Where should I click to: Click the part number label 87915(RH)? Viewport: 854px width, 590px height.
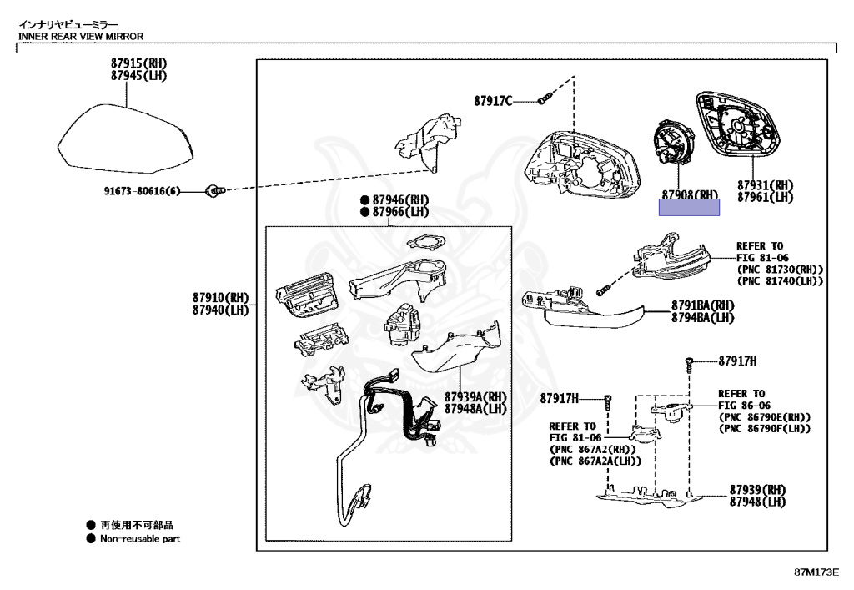[138, 63]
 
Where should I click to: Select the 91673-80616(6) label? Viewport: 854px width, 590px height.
[142, 191]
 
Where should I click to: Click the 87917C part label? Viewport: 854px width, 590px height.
[493, 101]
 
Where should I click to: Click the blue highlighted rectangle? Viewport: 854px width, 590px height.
[689, 207]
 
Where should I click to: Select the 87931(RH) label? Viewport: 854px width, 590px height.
[765, 185]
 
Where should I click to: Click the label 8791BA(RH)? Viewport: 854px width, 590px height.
[702, 305]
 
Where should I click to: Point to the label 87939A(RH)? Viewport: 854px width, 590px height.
[475, 396]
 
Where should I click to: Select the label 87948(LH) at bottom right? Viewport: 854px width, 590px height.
[757, 502]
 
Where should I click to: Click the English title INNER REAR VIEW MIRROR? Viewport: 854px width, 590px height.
[81, 37]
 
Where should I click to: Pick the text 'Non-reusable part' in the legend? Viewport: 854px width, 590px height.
[140, 539]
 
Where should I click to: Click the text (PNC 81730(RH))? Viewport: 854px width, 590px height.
[780, 269]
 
